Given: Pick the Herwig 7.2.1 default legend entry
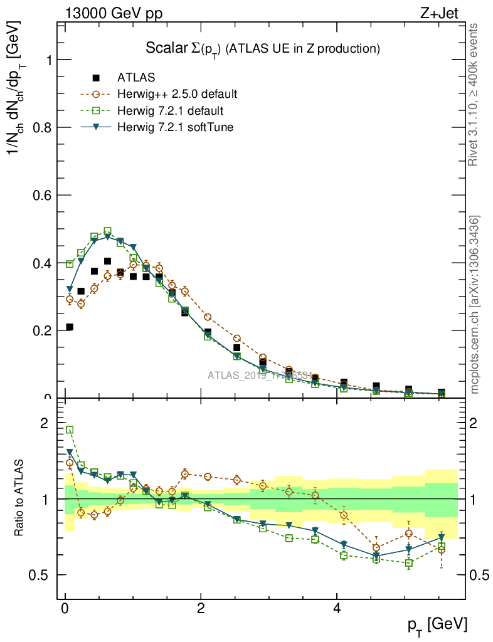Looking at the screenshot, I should point(170,111).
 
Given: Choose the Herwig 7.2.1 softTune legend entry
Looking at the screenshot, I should point(174,127).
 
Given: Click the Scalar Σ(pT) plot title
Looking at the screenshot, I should point(263,49).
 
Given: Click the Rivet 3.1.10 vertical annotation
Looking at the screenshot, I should point(474,94).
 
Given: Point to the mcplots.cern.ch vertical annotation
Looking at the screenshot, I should point(475,305).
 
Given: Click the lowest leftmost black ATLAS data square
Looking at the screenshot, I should point(70,327).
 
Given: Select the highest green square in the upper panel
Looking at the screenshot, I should point(107,231).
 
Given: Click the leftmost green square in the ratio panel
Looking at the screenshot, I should point(70,430).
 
